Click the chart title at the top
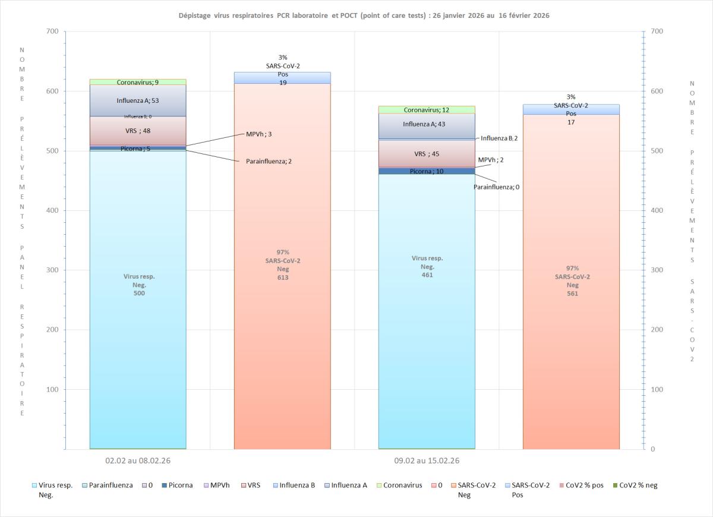364,15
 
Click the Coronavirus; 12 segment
427,110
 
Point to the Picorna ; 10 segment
427,171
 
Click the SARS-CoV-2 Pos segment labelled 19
282,78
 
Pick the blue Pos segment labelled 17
571,109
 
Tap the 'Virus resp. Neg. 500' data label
139,285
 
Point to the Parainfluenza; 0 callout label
497,187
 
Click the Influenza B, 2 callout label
499,138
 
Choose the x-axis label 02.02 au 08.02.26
137,461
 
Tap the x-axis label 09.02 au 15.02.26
427,461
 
